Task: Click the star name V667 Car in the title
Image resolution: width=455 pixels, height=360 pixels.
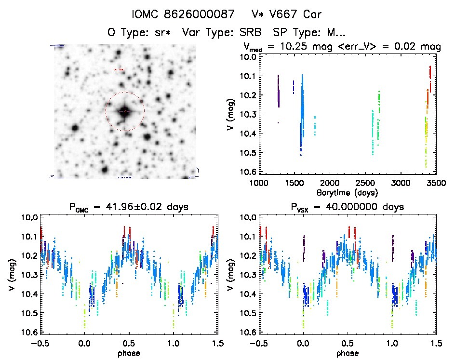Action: pyautogui.click(x=296, y=13)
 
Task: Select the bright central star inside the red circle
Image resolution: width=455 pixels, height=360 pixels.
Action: pyautogui.click(x=124, y=111)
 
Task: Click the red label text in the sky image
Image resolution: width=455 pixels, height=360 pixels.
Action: pyautogui.click(x=118, y=70)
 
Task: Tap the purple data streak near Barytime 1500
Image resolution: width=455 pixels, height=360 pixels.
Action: pyautogui.click(x=294, y=87)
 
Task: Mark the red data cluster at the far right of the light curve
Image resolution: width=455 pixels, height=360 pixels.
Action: pyautogui.click(x=429, y=75)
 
